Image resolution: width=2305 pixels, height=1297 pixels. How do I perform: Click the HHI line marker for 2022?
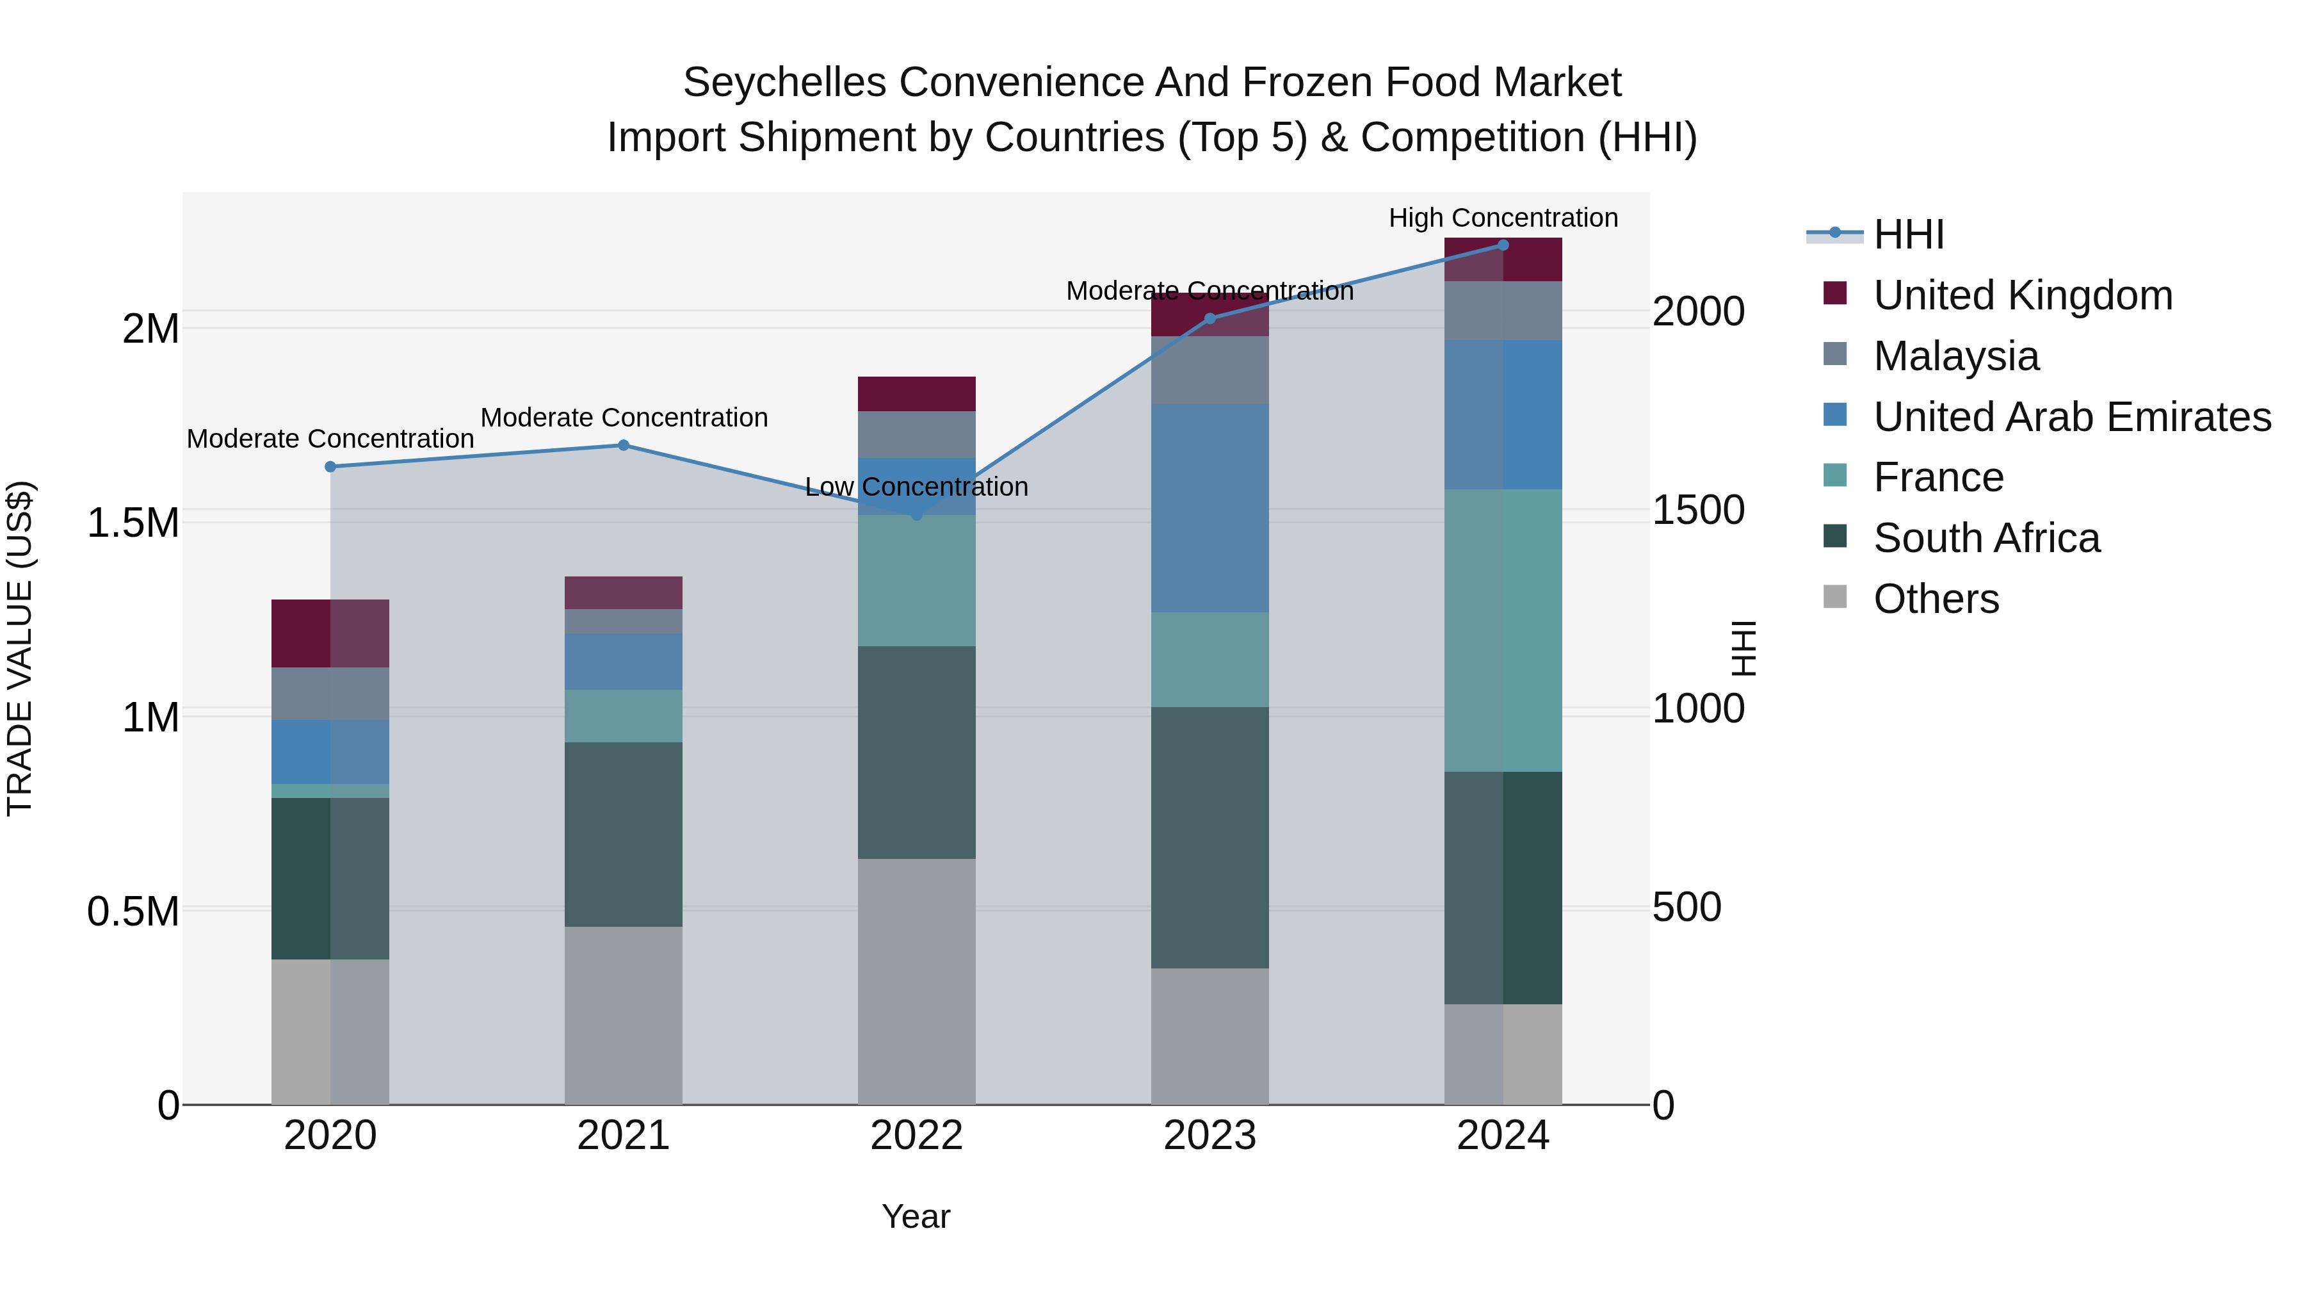pyautogui.click(x=916, y=515)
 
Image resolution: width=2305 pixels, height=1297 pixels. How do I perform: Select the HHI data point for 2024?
pyautogui.click(x=1503, y=245)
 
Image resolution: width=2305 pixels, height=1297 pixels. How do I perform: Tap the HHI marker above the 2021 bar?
pyautogui.click(x=624, y=445)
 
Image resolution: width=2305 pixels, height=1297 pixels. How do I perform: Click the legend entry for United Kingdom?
pyautogui.click(x=2022, y=295)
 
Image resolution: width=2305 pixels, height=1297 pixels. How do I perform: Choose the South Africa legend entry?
pyautogui.click(x=1986, y=538)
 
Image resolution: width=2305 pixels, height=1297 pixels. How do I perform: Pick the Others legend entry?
pyautogui.click(x=1936, y=599)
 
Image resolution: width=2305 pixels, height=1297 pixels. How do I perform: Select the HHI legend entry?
pyautogui.click(x=1908, y=234)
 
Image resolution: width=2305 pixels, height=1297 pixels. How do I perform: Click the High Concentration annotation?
pyautogui.click(x=1503, y=218)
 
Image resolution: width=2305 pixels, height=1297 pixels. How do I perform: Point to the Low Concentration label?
pyautogui.click(x=916, y=487)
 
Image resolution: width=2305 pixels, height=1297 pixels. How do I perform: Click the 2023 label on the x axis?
pyautogui.click(x=1209, y=1136)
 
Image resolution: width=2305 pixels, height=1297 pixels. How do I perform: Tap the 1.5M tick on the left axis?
pyautogui.click(x=133, y=523)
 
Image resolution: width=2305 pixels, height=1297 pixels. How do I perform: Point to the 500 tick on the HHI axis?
pyautogui.click(x=1686, y=907)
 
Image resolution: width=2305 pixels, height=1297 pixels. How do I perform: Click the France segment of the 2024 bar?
pyautogui.click(x=1503, y=630)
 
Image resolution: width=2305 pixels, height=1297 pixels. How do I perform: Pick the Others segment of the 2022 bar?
pyautogui.click(x=916, y=981)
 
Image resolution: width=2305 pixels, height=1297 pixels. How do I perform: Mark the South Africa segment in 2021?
pyautogui.click(x=624, y=834)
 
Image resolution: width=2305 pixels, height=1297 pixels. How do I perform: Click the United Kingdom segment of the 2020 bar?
pyautogui.click(x=330, y=633)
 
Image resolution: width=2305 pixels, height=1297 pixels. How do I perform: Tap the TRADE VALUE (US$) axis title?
pyautogui.click(x=20, y=648)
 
